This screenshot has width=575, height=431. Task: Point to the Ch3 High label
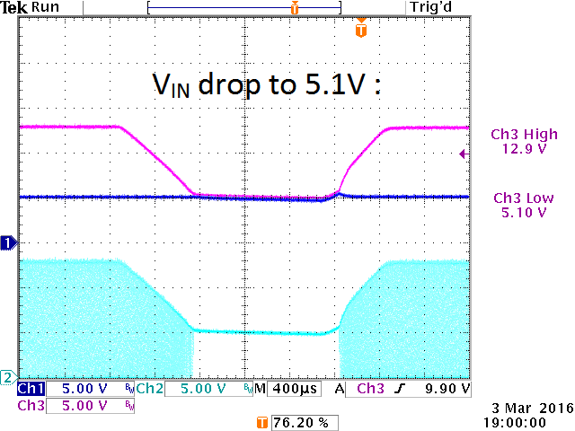tap(524, 135)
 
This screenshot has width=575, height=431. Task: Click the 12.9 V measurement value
tap(524, 149)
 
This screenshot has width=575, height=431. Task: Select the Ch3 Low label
tap(524, 198)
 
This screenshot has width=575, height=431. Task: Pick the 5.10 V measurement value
tap(524, 212)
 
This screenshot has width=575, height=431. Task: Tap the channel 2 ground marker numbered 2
tap(8, 375)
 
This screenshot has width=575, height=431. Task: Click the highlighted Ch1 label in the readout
tap(31, 389)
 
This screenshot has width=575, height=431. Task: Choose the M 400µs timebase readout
tap(287, 389)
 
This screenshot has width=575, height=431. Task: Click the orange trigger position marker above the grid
tap(361, 30)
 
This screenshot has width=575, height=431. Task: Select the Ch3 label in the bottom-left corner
tap(31, 406)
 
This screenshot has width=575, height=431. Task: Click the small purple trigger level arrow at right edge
tap(463, 154)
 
